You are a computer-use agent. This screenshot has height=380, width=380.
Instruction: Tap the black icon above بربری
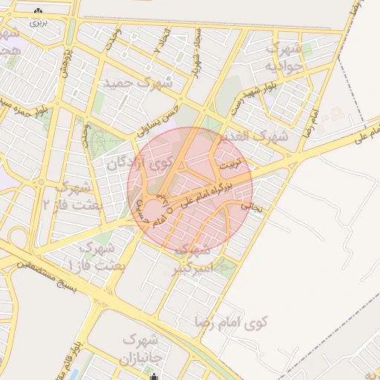[x=38, y=12]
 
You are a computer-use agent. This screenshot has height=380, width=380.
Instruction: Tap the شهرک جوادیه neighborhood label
[x=281, y=56]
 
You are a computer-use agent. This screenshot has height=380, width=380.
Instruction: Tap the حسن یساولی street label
[x=159, y=123]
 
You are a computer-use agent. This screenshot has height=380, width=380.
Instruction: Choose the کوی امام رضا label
[x=233, y=321]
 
